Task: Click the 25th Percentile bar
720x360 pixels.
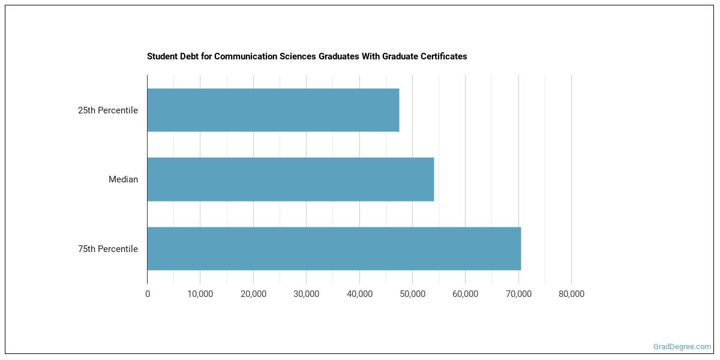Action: tap(273, 110)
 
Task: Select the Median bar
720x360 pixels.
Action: tap(290, 179)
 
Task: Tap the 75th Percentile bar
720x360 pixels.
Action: tap(334, 248)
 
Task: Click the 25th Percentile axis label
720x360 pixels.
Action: tap(108, 110)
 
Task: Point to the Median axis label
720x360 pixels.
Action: tap(123, 179)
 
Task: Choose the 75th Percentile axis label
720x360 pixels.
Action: tap(108, 249)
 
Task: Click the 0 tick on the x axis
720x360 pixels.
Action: tap(148, 294)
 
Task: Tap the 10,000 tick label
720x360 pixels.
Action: tap(200, 294)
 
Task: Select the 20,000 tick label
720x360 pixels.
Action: tap(253, 294)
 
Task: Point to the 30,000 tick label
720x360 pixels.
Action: tap(306, 294)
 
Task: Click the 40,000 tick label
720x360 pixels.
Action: tap(359, 294)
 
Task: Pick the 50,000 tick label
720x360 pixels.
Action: tap(412, 294)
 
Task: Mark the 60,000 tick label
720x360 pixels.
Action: tap(465, 294)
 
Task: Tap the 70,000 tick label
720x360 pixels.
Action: tap(518, 294)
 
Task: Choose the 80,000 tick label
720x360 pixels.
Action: tap(571, 294)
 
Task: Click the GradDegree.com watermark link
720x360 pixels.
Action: tap(682, 347)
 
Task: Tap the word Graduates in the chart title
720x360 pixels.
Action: tap(336, 56)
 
